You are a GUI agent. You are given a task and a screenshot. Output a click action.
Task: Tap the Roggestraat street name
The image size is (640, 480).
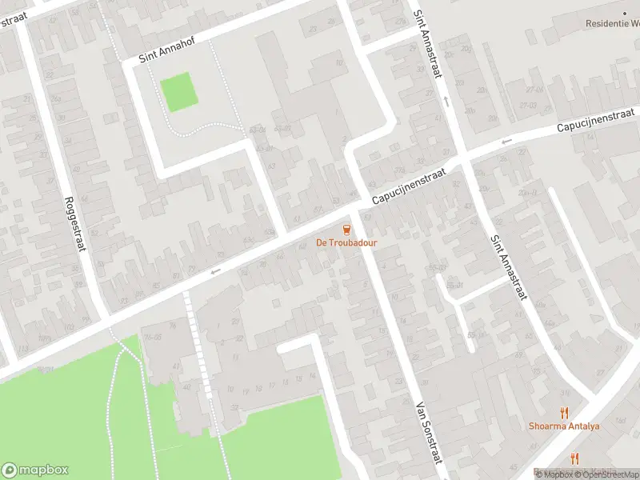74,213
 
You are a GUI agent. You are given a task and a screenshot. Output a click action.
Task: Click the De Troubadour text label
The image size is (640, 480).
346,242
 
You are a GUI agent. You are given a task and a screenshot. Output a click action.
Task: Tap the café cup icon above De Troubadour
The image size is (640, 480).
346,230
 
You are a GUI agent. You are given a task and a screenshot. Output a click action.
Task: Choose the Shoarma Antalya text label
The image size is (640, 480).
563,426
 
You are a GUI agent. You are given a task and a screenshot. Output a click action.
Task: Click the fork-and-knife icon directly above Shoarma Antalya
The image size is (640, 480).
564,413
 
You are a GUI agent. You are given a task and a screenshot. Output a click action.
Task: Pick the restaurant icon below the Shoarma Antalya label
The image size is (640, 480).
574,458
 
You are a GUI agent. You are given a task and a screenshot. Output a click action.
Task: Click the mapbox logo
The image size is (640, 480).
35,470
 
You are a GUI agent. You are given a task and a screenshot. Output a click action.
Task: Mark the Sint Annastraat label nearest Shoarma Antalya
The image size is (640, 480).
509,266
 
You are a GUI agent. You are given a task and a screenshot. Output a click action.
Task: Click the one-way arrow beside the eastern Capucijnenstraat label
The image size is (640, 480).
506,142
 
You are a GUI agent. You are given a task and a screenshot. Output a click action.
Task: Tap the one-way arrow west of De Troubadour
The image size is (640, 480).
214,272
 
